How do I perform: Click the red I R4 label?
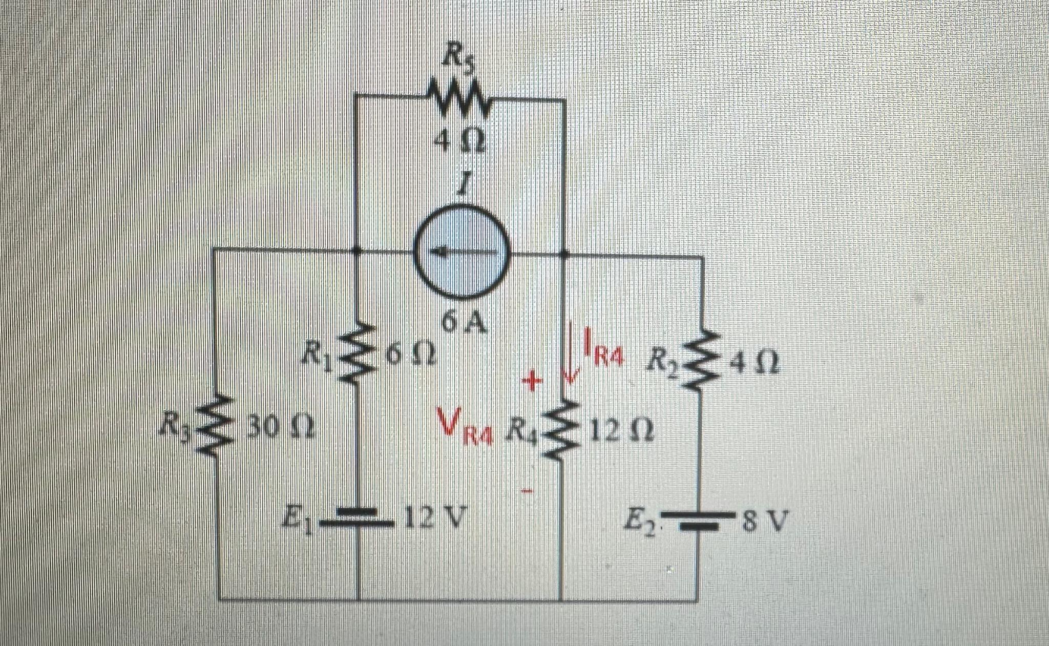(604, 348)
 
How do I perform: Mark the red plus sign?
(532, 382)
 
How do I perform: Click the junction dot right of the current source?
(564, 253)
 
